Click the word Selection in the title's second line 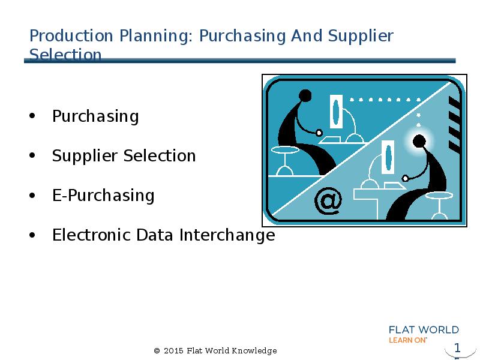point(65,55)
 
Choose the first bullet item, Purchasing point(95,116)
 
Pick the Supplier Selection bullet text point(124,156)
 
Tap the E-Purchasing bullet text point(103,196)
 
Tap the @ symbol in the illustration point(328,201)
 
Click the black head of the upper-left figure point(305,95)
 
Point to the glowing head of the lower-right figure point(420,142)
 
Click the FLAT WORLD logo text point(424,329)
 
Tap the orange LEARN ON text point(408,340)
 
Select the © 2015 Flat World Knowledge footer point(215,350)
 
